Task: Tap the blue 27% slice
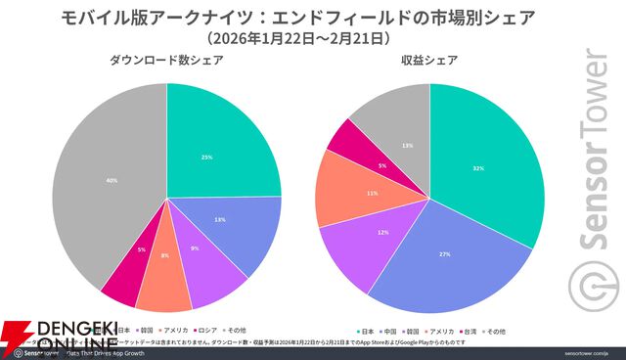click(x=440, y=259)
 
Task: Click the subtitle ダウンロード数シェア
click(x=165, y=62)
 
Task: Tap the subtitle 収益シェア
click(x=431, y=62)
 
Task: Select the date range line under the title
click(x=299, y=37)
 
